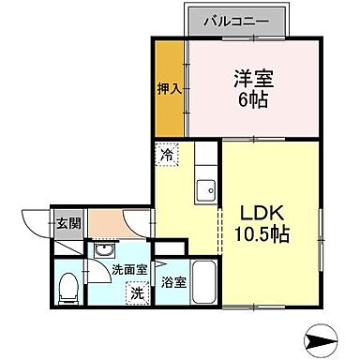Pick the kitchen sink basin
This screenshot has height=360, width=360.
204,192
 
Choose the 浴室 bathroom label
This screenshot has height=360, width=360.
172,281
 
